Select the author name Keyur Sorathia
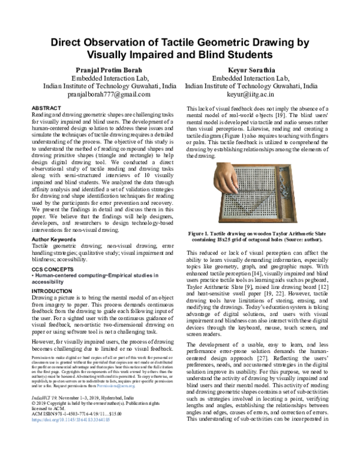click(x=251, y=70)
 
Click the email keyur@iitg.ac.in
click(x=251, y=94)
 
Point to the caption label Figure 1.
click(x=202, y=231)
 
